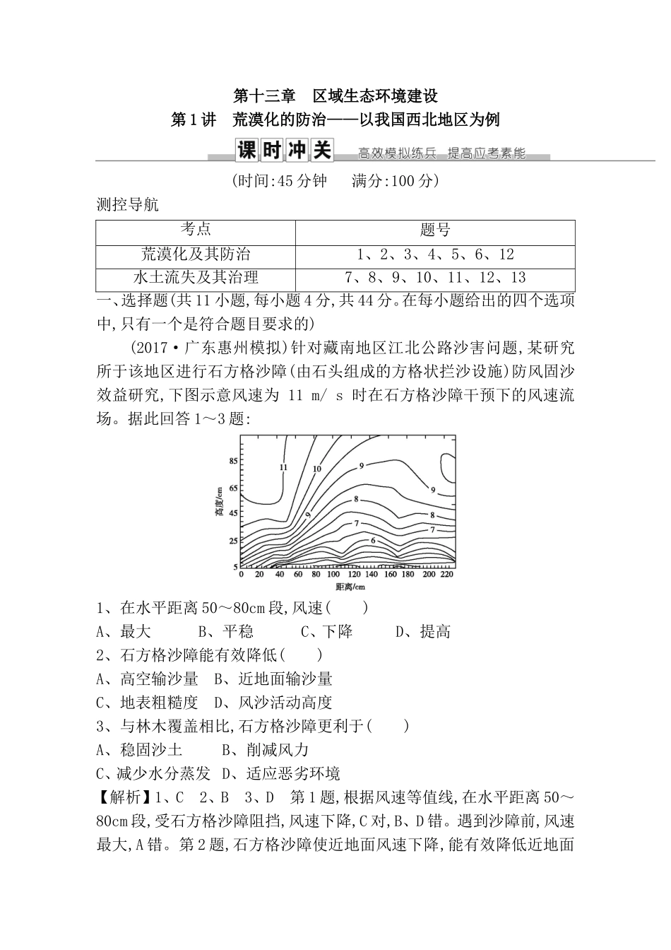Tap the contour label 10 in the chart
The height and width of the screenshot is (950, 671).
tap(317, 469)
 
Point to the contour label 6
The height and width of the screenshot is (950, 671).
tap(372, 540)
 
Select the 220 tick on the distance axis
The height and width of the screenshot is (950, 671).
tap(446, 575)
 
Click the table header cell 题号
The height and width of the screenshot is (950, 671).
tap(434, 230)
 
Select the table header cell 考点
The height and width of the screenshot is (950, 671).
tap(195, 230)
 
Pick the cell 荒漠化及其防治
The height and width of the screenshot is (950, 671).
tap(196, 254)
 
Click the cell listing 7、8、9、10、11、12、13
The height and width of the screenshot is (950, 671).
tap(435, 277)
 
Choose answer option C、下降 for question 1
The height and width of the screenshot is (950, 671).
tap(326, 631)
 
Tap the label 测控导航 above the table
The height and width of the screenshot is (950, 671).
tap(127, 206)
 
